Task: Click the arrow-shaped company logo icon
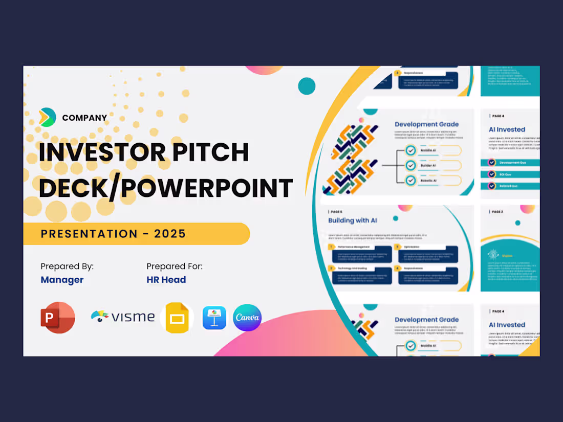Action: (48, 117)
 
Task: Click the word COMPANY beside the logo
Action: (84, 118)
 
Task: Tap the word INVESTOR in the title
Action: (100, 152)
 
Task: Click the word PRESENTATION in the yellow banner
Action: (89, 234)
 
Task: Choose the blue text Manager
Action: (62, 280)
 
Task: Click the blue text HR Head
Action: (166, 280)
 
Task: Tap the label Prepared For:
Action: (175, 266)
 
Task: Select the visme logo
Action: (123, 317)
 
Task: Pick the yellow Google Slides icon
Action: (177, 318)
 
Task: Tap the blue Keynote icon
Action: (214, 318)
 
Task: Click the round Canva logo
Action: (247, 318)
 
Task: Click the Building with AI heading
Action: (353, 220)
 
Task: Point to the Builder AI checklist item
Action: (428, 166)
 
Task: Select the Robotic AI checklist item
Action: (428, 181)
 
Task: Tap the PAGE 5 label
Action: (335, 211)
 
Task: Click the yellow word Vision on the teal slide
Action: (507, 255)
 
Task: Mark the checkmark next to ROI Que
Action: (492, 174)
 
